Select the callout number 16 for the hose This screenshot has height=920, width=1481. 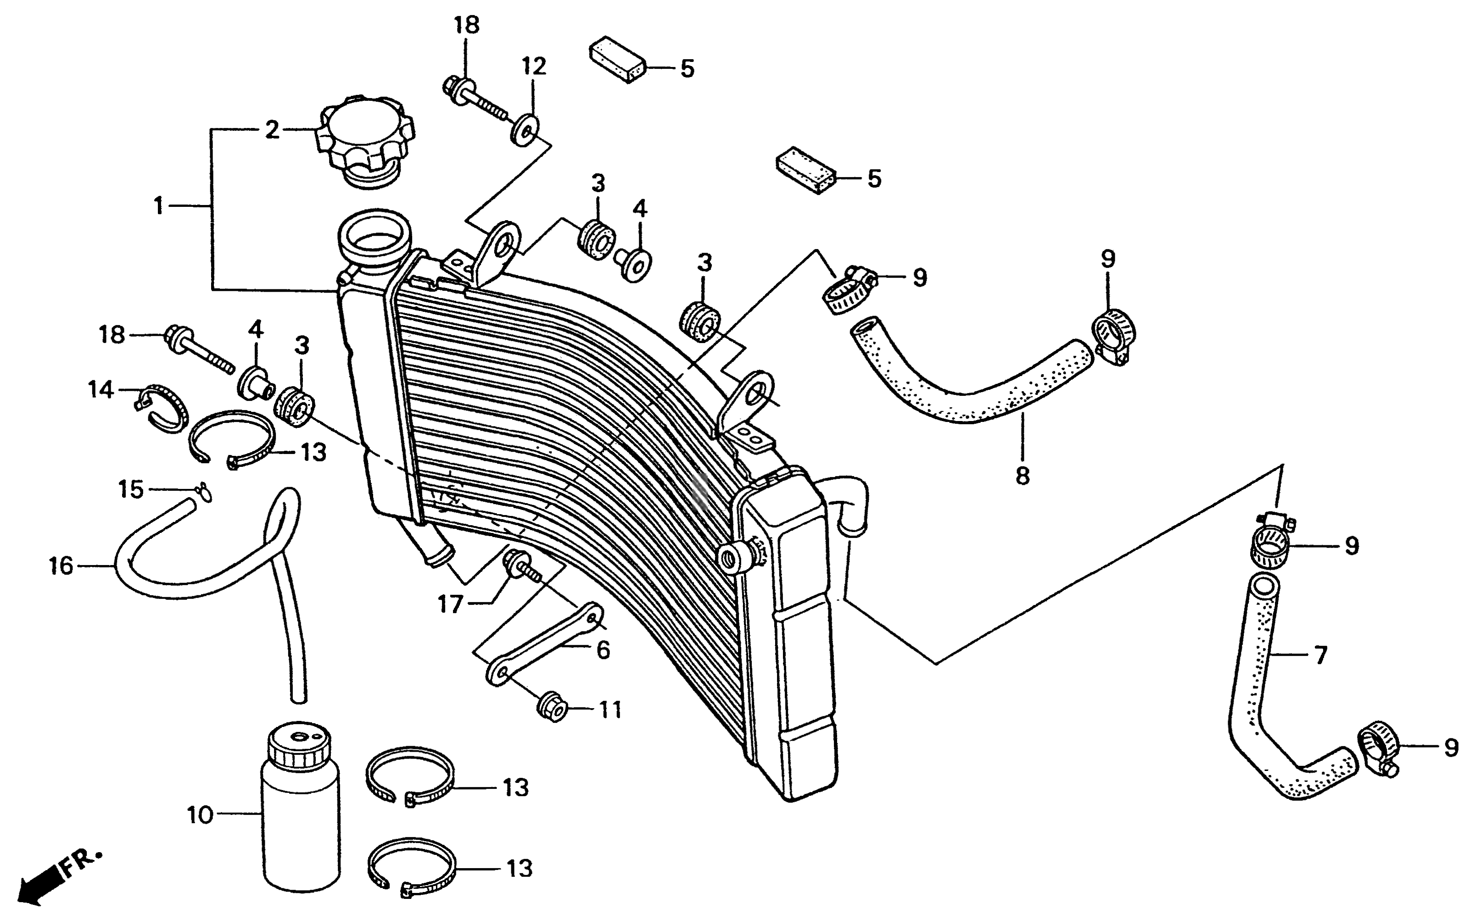pyautogui.click(x=61, y=566)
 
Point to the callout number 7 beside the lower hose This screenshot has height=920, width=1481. pyautogui.click(x=1320, y=655)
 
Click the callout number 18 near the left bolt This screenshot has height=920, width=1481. pyautogui.click(x=112, y=335)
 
